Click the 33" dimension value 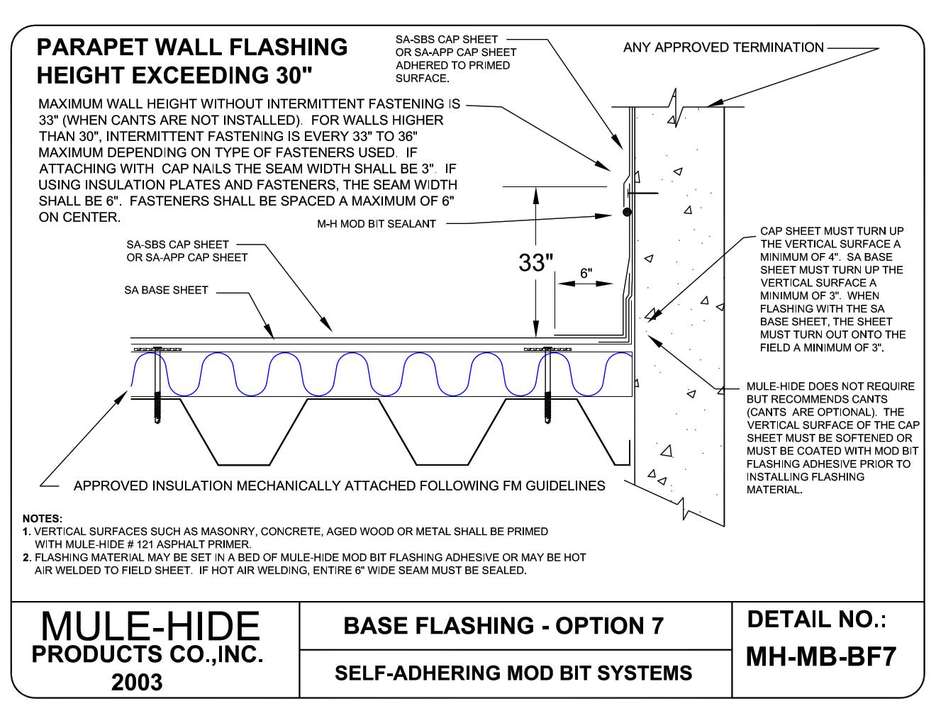535,263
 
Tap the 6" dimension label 586,272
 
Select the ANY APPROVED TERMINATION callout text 723,47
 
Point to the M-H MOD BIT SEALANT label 376,224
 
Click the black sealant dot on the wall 626,212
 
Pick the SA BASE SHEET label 166,290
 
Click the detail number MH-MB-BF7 821,657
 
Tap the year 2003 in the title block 137,682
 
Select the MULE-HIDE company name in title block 150,627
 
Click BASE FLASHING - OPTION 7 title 503,626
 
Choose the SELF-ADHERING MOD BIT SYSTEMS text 513,672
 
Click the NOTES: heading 43,519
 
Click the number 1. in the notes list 26,531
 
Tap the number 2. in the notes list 26,558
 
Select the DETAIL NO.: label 817,620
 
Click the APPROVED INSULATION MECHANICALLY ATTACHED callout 339,486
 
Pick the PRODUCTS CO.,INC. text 147,656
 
